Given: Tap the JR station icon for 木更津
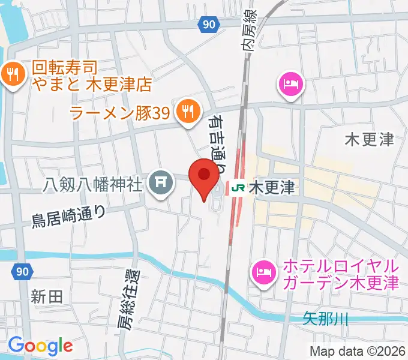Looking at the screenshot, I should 236,188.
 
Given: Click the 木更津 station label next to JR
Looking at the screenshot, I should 271,188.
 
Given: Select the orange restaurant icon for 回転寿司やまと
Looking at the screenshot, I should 12,75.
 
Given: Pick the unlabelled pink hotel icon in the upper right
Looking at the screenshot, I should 291,82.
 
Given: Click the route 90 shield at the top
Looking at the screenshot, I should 207,25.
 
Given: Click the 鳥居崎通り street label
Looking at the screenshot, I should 68,216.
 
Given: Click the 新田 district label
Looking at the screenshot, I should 47,296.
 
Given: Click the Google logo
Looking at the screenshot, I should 40,345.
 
